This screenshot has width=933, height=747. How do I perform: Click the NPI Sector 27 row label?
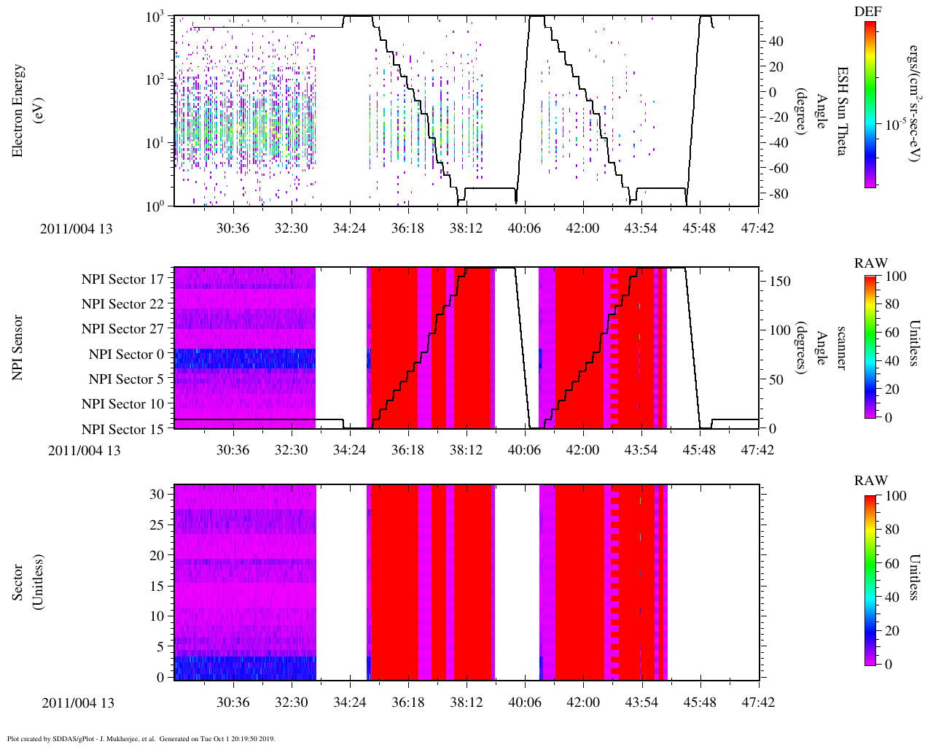pyautogui.click(x=123, y=329)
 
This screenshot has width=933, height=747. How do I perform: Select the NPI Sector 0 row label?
pyautogui.click(x=126, y=355)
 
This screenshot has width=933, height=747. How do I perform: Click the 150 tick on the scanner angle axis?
pyautogui.click(x=780, y=281)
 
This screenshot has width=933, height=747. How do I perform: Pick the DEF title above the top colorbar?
pyautogui.click(x=868, y=11)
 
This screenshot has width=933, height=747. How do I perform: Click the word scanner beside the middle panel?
pyautogui.click(x=840, y=347)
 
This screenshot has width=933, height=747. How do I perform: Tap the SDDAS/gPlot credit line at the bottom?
pyautogui.click(x=141, y=738)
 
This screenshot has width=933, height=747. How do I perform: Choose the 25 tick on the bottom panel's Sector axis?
pyautogui.click(x=156, y=525)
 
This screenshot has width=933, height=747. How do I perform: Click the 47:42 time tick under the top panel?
pyautogui.click(x=757, y=228)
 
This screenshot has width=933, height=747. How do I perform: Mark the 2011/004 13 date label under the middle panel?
pyautogui.click(x=85, y=450)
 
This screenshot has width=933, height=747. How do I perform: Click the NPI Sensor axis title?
pyautogui.click(x=19, y=347)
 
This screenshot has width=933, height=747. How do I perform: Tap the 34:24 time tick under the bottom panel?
pyautogui.click(x=349, y=702)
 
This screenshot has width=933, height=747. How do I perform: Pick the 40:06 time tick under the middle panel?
pyautogui.click(x=524, y=450)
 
